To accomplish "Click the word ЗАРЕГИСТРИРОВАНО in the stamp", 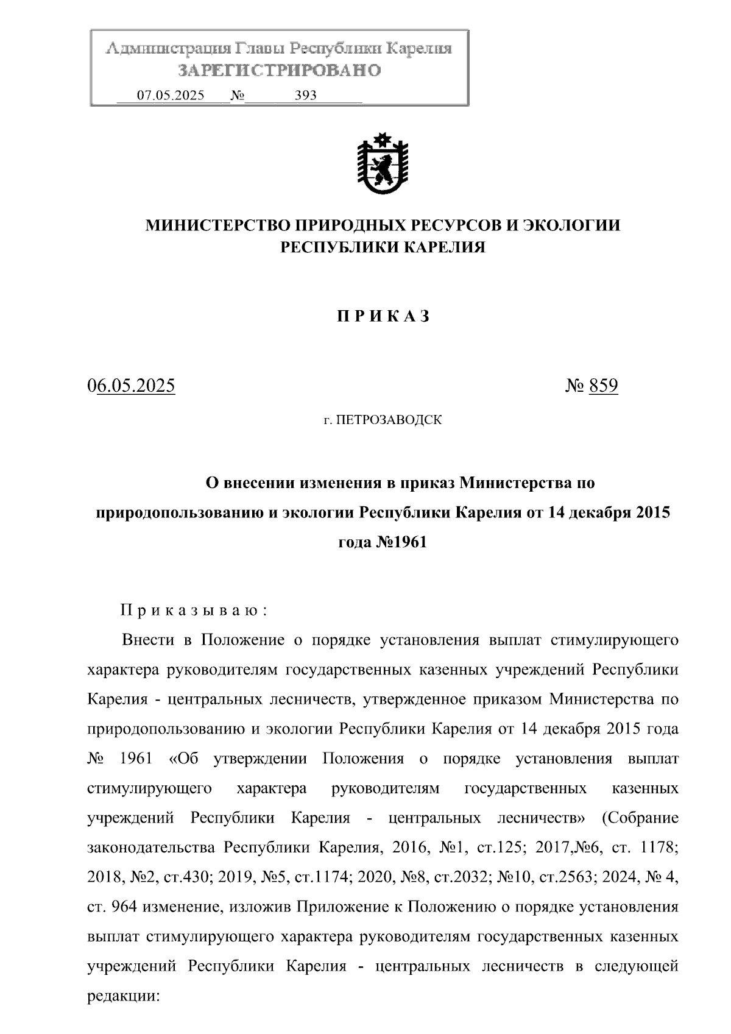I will [x=279, y=71].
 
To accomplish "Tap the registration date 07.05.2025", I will [x=171, y=96].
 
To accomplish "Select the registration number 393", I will [x=305, y=96].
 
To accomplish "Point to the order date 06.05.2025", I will [x=132, y=386].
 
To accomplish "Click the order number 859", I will [x=603, y=386].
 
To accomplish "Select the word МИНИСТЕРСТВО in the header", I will [x=217, y=225].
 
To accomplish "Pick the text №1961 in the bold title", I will [x=405, y=542].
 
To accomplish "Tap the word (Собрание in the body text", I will [x=640, y=818].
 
